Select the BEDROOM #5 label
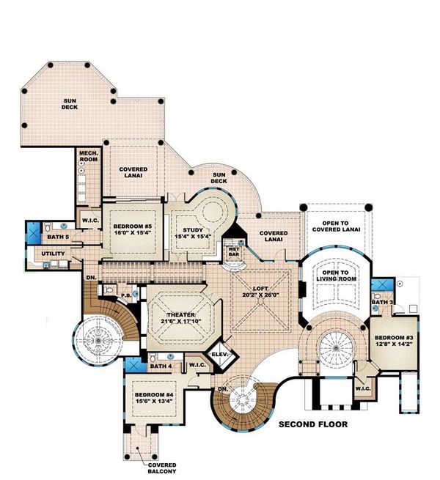132,227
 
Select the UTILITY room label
54,254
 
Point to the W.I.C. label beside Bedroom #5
90,221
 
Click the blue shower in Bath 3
379,287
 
